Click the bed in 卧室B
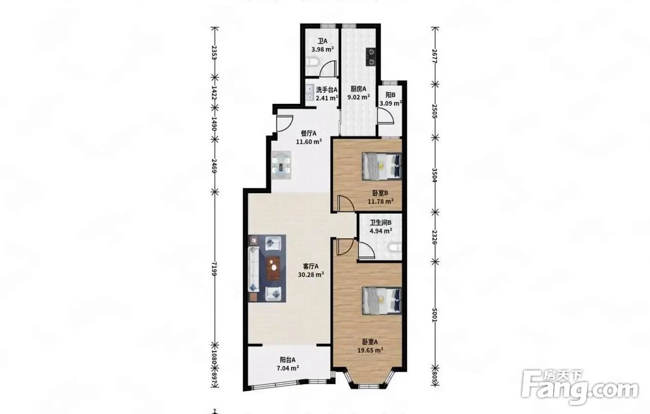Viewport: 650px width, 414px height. pos(382,166)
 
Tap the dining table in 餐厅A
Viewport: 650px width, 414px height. pos(281,164)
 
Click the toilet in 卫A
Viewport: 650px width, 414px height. pos(314,63)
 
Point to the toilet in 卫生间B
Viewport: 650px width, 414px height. pos(394,248)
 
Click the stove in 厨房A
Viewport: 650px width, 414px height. pos(370,57)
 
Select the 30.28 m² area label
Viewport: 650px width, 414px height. pos(311,274)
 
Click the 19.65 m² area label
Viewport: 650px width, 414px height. pos(370,350)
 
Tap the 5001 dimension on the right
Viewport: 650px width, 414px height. pos(434,315)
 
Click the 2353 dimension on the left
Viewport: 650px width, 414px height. pos(214,53)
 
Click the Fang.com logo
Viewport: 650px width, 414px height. pos(580,387)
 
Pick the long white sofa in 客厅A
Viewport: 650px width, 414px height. pos(253,269)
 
